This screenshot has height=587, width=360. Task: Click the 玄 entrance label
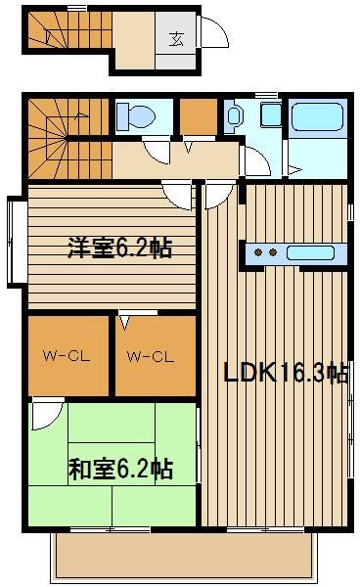pyautogui.click(x=176, y=39)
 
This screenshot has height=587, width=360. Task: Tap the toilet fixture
pyautogui.click(x=135, y=116)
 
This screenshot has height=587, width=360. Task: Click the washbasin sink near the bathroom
pyautogui.click(x=234, y=114)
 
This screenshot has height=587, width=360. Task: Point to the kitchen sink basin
pyautogui.click(x=310, y=252)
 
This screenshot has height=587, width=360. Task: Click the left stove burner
pyautogui.click(x=258, y=252)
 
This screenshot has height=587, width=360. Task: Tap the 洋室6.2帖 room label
pyautogui.click(x=119, y=248)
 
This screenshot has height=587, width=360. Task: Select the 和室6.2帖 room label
pyautogui.click(x=120, y=469)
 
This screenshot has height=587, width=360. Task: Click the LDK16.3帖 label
pyautogui.click(x=286, y=373)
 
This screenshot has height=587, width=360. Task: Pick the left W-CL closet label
pyautogui.click(x=67, y=356)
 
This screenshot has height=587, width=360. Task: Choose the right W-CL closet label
pyautogui.click(x=151, y=356)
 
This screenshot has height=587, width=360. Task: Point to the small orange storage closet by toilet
pyautogui.click(x=199, y=116)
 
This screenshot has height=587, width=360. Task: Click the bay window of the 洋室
pyautogui.click(x=16, y=243)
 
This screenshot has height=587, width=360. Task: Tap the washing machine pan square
pyautogui.click(x=271, y=114)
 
